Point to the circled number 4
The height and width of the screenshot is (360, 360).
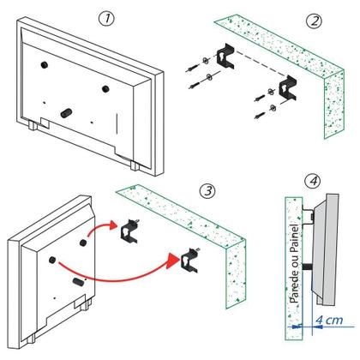[314, 183]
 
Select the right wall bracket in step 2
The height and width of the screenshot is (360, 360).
[287, 89]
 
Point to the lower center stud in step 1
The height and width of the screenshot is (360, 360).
[67, 111]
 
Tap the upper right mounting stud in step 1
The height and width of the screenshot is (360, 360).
[106, 88]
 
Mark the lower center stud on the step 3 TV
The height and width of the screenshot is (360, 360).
[77, 279]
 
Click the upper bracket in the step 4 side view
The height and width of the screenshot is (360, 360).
[312, 218]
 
